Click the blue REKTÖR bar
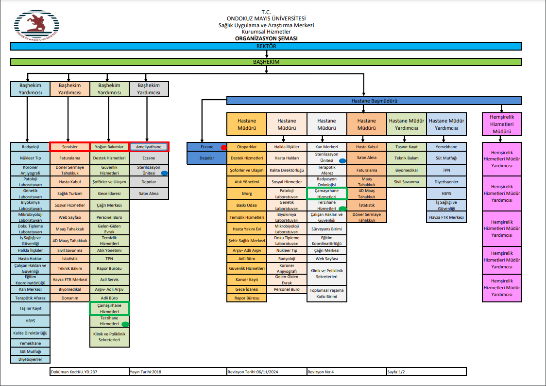click(266, 46)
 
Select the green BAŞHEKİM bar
click(266, 62)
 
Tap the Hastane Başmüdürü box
click(374, 101)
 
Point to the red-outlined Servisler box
click(69, 147)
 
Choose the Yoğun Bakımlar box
click(109, 147)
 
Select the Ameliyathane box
click(149, 147)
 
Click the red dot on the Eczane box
click(223, 147)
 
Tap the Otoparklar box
click(247, 147)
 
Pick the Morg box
click(247, 193)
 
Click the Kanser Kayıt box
click(247, 279)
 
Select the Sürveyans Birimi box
click(326, 229)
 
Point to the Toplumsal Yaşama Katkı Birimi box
click(326, 293)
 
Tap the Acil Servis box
click(109, 280)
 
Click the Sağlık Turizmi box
click(69, 193)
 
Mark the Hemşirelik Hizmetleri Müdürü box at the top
click(502, 124)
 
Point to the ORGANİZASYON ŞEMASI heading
click(266, 38)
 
